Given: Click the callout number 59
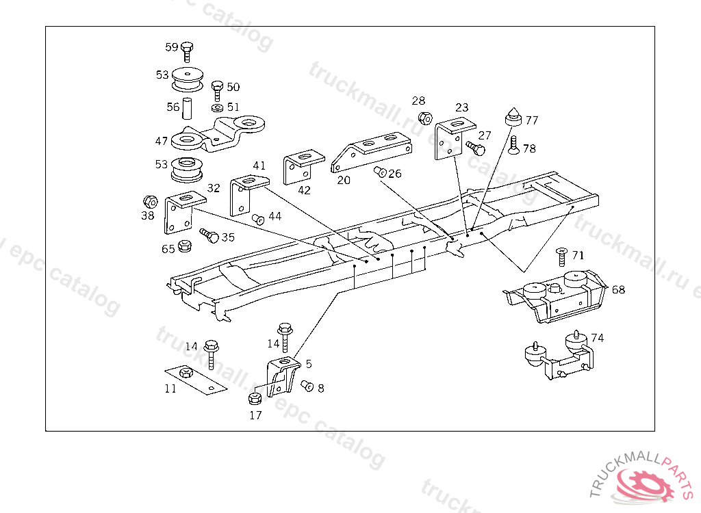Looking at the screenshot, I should click(171, 47).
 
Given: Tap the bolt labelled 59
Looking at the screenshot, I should click(187, 51).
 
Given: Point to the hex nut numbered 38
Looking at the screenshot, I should click(149, 201).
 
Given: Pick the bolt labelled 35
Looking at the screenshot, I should click(208, 236).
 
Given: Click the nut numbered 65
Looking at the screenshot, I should click(183, 246).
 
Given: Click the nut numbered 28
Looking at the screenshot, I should click(424, 118).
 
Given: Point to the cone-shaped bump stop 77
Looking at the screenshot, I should click(513, 117).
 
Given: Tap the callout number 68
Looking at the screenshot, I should click(618, 289).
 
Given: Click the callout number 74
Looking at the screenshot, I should click(598, 338).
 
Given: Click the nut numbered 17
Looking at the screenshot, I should click(255, 398).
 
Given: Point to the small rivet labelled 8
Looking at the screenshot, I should click(307, 386).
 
